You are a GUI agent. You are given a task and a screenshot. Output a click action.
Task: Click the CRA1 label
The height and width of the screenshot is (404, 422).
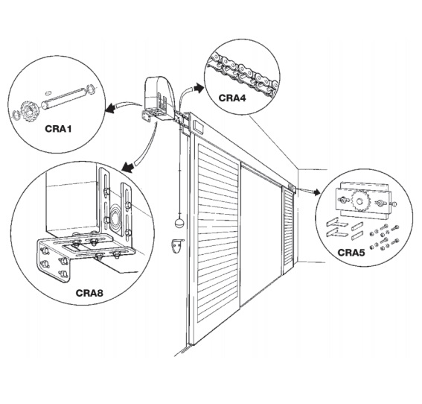58,128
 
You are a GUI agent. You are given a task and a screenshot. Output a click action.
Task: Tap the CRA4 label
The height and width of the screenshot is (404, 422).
232,98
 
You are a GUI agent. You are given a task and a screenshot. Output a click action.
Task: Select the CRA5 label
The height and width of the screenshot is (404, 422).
351,253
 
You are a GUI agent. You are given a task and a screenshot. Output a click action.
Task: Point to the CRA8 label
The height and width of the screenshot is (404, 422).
89,293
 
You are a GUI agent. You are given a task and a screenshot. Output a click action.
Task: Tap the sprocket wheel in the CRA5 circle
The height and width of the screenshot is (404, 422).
359,201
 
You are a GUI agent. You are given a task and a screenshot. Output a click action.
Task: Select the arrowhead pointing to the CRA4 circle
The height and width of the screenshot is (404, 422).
199,88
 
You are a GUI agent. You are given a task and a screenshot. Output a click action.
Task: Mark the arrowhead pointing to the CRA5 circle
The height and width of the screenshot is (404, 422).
316,192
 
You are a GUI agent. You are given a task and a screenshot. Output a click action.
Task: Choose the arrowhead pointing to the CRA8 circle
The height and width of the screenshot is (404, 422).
128,166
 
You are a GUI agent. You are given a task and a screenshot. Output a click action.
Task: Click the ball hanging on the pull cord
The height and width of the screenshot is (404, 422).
179,223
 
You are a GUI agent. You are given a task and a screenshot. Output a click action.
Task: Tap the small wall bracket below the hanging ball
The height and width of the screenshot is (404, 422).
177,246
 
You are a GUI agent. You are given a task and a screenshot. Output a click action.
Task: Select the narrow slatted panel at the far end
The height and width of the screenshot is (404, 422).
288,228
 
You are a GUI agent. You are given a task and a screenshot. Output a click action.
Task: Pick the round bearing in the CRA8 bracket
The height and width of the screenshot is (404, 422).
115,215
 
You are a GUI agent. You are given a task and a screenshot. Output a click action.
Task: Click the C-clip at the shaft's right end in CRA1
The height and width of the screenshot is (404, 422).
91,89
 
